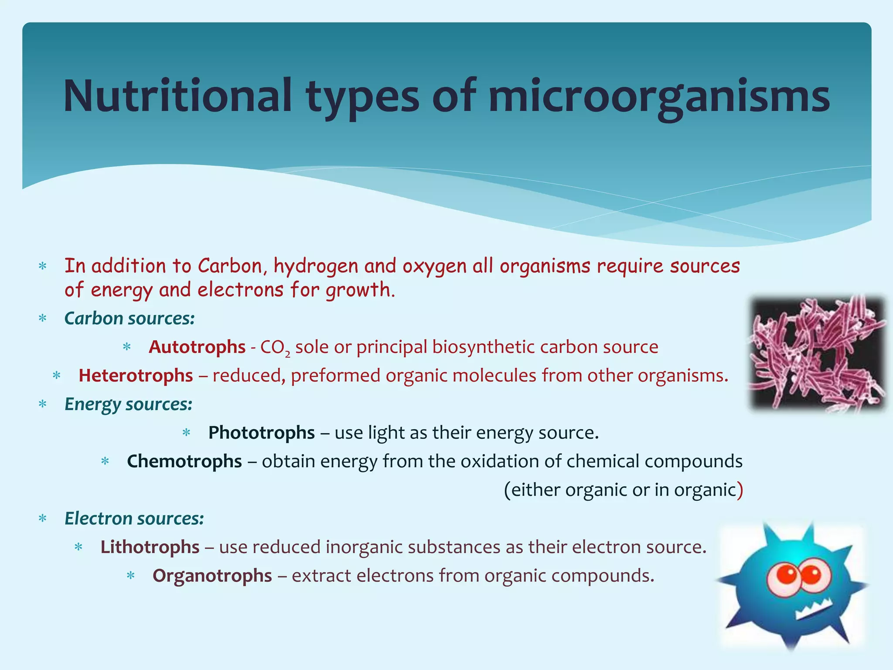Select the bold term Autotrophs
[197, 347]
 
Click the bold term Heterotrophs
[136, 376]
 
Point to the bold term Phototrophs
[262, 433]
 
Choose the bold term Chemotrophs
[184, 461]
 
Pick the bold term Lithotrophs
[150, 547]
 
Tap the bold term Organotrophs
[212, 576]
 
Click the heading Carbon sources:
[130, 318]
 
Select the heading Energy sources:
[128, 404]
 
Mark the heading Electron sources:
[134, 519]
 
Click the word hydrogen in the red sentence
[316, 267]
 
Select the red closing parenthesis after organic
[740, 490]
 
